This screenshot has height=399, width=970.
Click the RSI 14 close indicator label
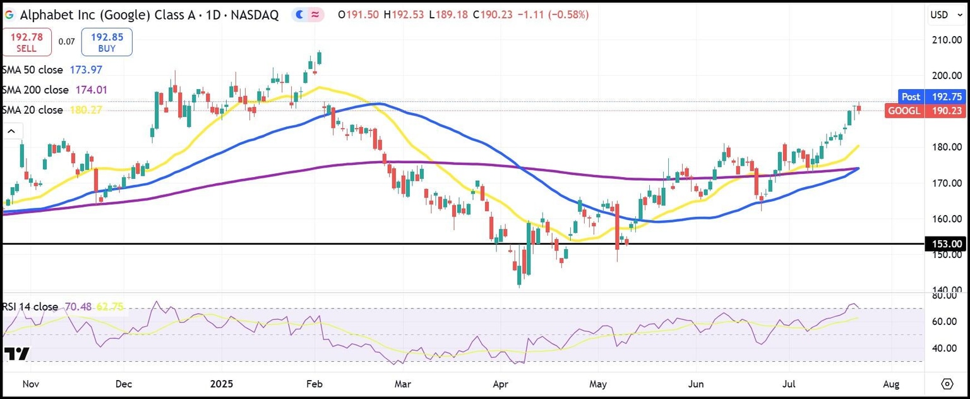[x=30, y=307]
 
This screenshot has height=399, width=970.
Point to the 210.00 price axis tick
[x=947, y=40]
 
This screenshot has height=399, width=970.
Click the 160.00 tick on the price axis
[x=947, y=219]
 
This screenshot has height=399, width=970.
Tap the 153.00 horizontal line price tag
[x=947, y=244]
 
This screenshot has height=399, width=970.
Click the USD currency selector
[x=947, y=15]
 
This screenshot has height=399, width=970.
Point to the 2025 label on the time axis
[x=222, y=384]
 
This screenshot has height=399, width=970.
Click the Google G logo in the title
[x=9, y=15]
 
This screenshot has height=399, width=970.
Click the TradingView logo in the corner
[x=16, y=354]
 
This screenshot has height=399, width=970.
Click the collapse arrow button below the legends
[x=12, y=132]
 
